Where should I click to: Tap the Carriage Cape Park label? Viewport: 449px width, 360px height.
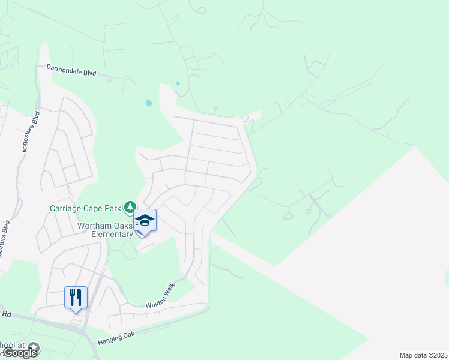coord(85,208)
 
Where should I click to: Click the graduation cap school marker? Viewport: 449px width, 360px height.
coord(145,221)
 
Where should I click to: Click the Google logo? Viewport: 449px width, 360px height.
coord(19,353)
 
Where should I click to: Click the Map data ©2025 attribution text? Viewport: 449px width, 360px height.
coord(424,355)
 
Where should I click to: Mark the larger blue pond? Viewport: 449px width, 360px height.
coord(148,103)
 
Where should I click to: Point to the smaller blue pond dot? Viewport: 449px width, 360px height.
coord(178,84)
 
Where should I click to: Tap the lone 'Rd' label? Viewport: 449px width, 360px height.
coord(7,313)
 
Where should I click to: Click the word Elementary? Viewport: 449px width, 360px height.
coord(112,234)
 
